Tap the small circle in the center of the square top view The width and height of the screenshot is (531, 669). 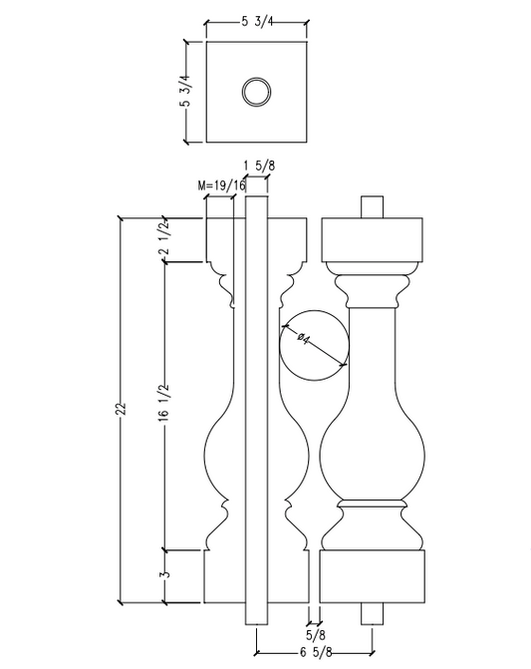pyautogui.click(x=256, y=93)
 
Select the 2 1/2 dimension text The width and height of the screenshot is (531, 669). pyautogui.click(x=163, y=239)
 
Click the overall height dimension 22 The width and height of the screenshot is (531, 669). pyautogui.click(x=120, y=410)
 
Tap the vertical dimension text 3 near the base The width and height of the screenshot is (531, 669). pyautogui.click(x=163, y=575)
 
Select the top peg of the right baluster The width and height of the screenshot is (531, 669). pyautogui.click(x=373, y=205)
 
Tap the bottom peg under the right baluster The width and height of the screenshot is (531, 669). pyautogui.click(x=373, y=613)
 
